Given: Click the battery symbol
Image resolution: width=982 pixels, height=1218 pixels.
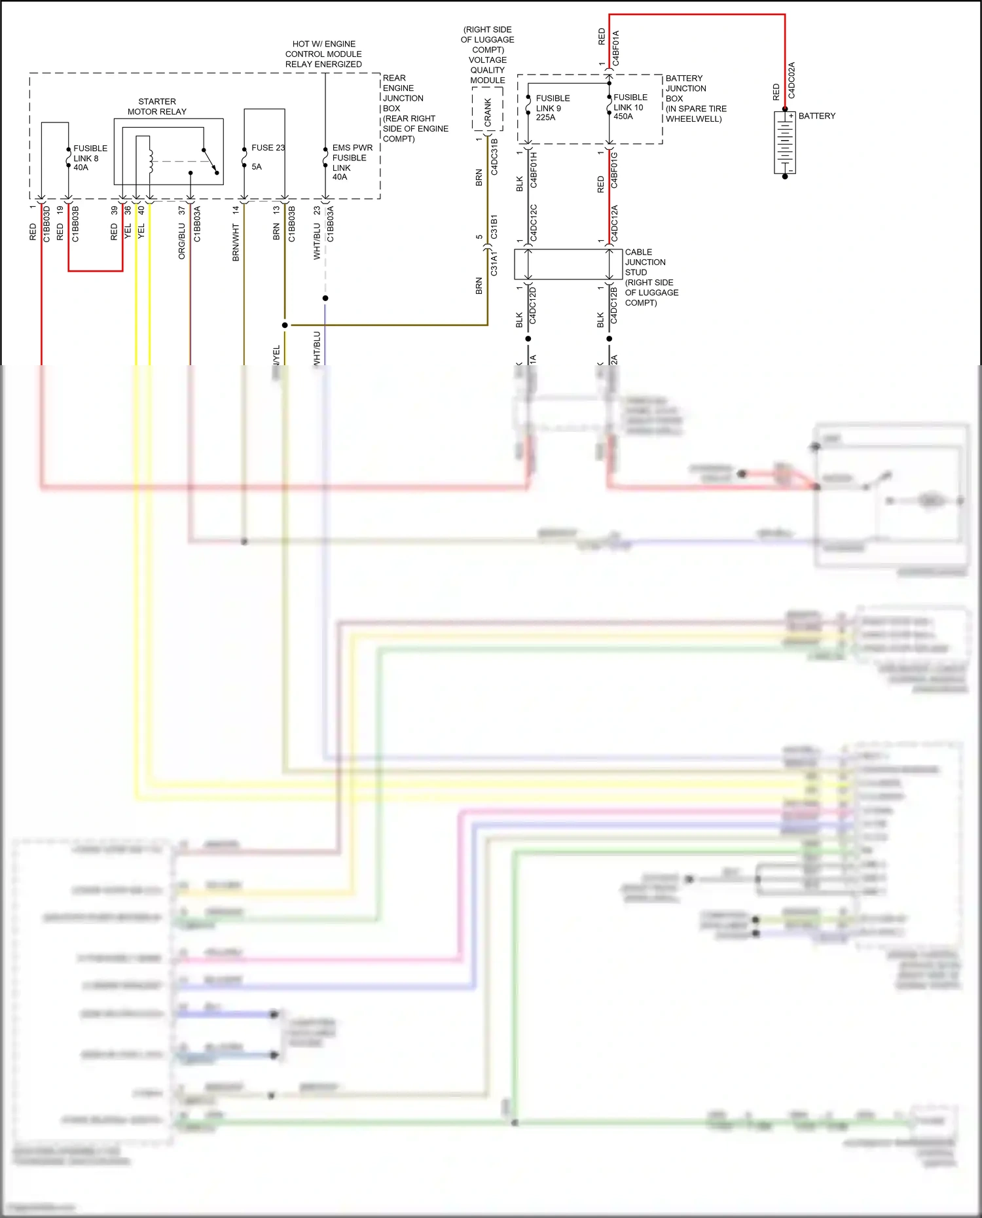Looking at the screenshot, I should tap(784, 143).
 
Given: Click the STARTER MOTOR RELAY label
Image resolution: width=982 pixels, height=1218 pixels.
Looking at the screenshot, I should tap(157, 107).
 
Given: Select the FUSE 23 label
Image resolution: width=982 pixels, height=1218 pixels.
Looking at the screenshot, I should tap(267, 148).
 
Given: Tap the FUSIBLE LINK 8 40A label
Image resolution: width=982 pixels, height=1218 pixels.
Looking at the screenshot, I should tap(90, 158).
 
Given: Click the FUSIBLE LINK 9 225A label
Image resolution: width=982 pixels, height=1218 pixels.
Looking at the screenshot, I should tap(552, 108).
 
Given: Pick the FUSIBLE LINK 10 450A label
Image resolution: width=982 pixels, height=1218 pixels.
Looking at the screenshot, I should tap(630, 107).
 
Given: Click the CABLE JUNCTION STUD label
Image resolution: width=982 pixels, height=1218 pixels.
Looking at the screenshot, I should tap(645, 262).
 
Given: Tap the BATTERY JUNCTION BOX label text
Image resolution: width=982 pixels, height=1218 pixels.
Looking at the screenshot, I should tap(685, 88).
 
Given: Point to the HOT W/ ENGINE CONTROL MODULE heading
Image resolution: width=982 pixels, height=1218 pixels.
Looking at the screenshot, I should tap(323, 54).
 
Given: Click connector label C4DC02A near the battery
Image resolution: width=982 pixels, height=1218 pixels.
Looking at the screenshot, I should tap(791, 81).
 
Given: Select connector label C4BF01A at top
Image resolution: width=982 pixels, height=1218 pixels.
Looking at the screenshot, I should tap(616, 48).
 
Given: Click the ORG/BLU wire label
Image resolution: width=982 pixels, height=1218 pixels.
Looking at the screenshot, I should tap(182, 242).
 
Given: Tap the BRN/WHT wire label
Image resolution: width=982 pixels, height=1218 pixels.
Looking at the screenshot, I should tap(236, 243).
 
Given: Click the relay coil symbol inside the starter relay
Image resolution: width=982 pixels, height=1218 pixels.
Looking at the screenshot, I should tap(151, 161).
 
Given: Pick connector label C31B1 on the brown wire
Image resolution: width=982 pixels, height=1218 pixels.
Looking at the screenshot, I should tap(494, 226).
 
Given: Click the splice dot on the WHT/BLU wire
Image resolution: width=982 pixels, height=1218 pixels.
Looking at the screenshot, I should tap(325, 298).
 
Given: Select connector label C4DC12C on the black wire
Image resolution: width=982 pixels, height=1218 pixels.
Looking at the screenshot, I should tap(534, 223).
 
